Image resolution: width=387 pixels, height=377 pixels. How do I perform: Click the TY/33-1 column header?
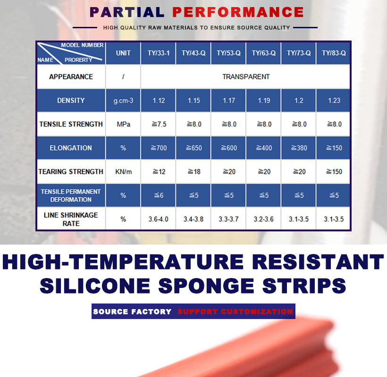159,53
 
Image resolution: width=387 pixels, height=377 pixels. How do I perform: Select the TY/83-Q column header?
334,53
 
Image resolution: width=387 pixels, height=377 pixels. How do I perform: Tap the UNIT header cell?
123,53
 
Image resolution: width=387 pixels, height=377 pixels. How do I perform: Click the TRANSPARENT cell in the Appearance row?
246,77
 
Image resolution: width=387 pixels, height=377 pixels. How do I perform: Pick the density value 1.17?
229,100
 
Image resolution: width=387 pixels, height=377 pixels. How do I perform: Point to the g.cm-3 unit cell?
123,100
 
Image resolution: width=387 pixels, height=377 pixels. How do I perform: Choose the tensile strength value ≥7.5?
159,124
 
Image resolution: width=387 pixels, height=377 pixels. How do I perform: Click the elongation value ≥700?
159,148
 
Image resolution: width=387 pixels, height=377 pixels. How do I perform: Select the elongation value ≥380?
299,148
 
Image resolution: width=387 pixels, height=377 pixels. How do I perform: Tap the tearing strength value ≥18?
194,172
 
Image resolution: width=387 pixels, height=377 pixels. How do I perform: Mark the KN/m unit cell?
123,172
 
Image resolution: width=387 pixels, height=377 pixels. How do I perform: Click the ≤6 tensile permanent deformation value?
159,196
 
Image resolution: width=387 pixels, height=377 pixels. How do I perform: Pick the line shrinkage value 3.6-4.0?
158,219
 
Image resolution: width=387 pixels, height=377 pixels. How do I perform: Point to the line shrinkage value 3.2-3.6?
264,219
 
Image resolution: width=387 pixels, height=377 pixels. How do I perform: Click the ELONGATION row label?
71,148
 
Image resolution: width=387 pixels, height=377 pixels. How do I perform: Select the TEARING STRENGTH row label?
71,172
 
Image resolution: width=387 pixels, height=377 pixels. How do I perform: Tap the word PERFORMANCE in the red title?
238,12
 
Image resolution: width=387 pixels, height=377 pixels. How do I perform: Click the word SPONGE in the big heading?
206,286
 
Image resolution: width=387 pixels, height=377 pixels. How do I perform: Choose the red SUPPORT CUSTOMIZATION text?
235,311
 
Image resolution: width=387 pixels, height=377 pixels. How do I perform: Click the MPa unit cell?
123,124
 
